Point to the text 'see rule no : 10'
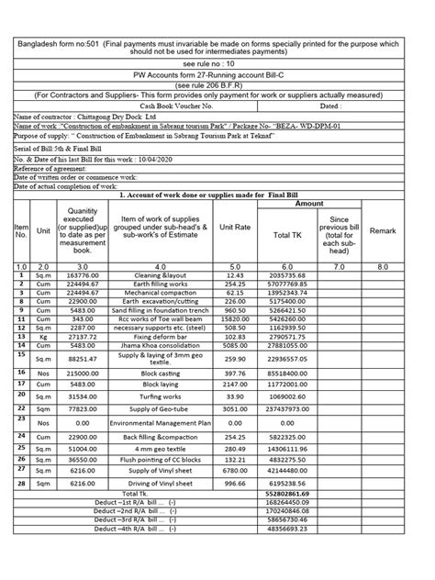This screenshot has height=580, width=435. pyautogui.click(x=217, y=66)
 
